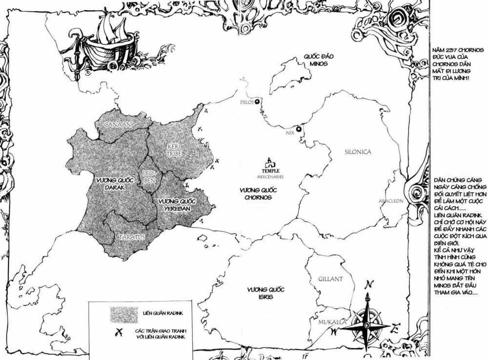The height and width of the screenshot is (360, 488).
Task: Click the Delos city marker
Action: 257,101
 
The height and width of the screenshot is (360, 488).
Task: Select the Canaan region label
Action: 118,125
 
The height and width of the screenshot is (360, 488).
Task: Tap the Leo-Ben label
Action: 148,178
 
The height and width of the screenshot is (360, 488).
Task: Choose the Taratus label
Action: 132,237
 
